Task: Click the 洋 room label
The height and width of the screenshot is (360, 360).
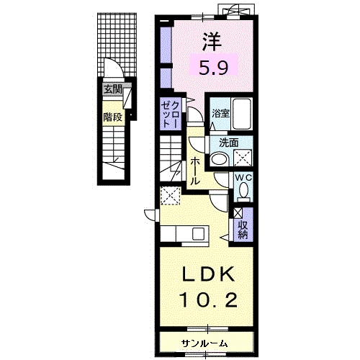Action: (x=212, y=42)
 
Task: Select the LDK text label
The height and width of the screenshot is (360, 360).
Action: (x=208, y=274)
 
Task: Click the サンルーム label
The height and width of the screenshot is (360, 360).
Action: (x=204, y=344)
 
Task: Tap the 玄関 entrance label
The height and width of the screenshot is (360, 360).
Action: (x=113, y=89)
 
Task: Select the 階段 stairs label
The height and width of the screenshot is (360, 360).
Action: (x=113, y=117)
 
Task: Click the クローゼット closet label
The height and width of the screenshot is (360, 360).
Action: (x=170, y=114)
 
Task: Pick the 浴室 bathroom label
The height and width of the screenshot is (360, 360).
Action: (x=220, y=113)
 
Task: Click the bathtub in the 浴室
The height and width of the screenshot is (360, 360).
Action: (x=242, y=114)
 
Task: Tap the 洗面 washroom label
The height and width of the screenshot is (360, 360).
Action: (x=229, y=143)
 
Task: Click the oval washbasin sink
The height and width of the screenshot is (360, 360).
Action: (x=220, y=159)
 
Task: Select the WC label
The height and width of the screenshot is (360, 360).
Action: (x=243, y=178)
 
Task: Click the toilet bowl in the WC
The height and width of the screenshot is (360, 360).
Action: (x=244, y=189)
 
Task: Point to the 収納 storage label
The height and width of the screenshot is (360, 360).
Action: (x=243, y=230)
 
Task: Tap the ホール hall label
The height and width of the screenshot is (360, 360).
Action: (x=195, y=171)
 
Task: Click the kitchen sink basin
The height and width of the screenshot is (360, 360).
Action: (x=198, y=233)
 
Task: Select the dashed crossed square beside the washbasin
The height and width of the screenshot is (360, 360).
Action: (x=243, y=158)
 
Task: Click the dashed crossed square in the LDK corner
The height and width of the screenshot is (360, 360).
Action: (x=171, y=196)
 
